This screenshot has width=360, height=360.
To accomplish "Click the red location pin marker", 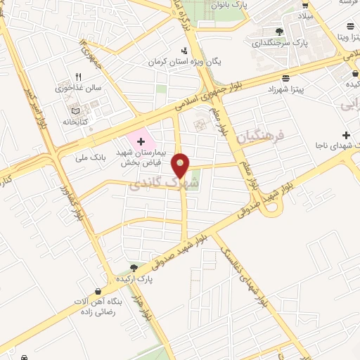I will (181, 166).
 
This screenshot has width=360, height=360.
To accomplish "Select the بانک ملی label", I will (91, 158).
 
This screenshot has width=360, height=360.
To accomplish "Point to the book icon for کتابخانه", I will (77, 110).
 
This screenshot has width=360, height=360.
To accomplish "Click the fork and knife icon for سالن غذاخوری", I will (79, 77).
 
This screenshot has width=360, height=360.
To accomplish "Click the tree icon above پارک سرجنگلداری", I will (280, 32).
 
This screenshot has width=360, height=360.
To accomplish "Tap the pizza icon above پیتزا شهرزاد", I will (285, 78).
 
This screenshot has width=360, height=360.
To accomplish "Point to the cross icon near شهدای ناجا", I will (345, 134).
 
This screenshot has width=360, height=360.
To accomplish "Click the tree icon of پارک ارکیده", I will (134, 267).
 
